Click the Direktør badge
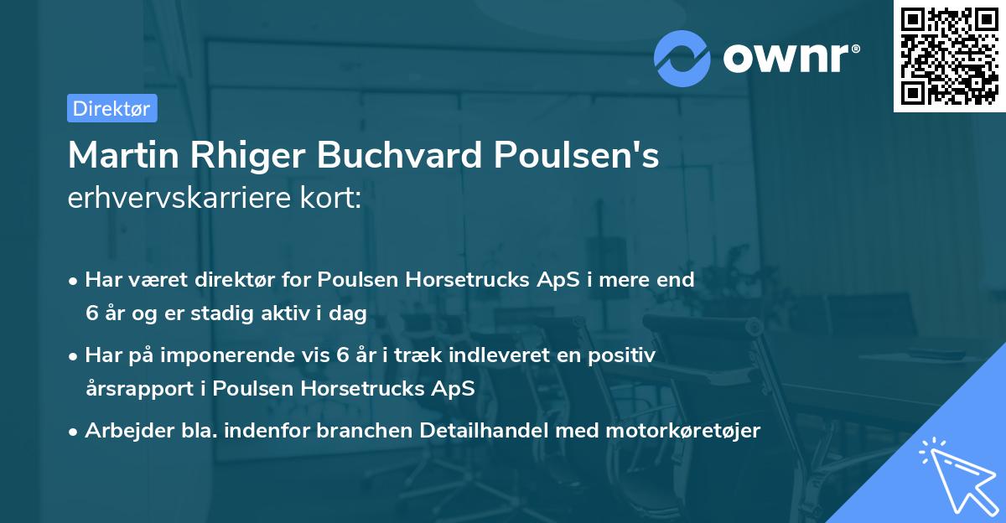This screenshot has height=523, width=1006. tap(111, 108)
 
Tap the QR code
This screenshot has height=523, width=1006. tap(949, 56)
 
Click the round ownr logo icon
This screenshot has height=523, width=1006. tap(682, 58)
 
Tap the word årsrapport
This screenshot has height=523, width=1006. tap(137, 389)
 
